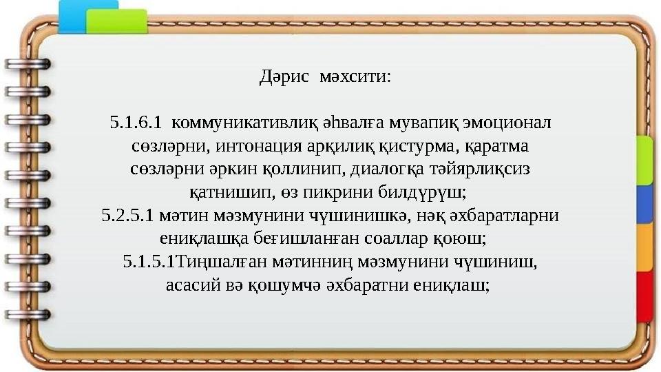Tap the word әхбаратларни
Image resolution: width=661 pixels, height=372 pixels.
[503, 215]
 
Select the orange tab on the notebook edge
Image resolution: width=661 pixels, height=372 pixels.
[645, 247]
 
